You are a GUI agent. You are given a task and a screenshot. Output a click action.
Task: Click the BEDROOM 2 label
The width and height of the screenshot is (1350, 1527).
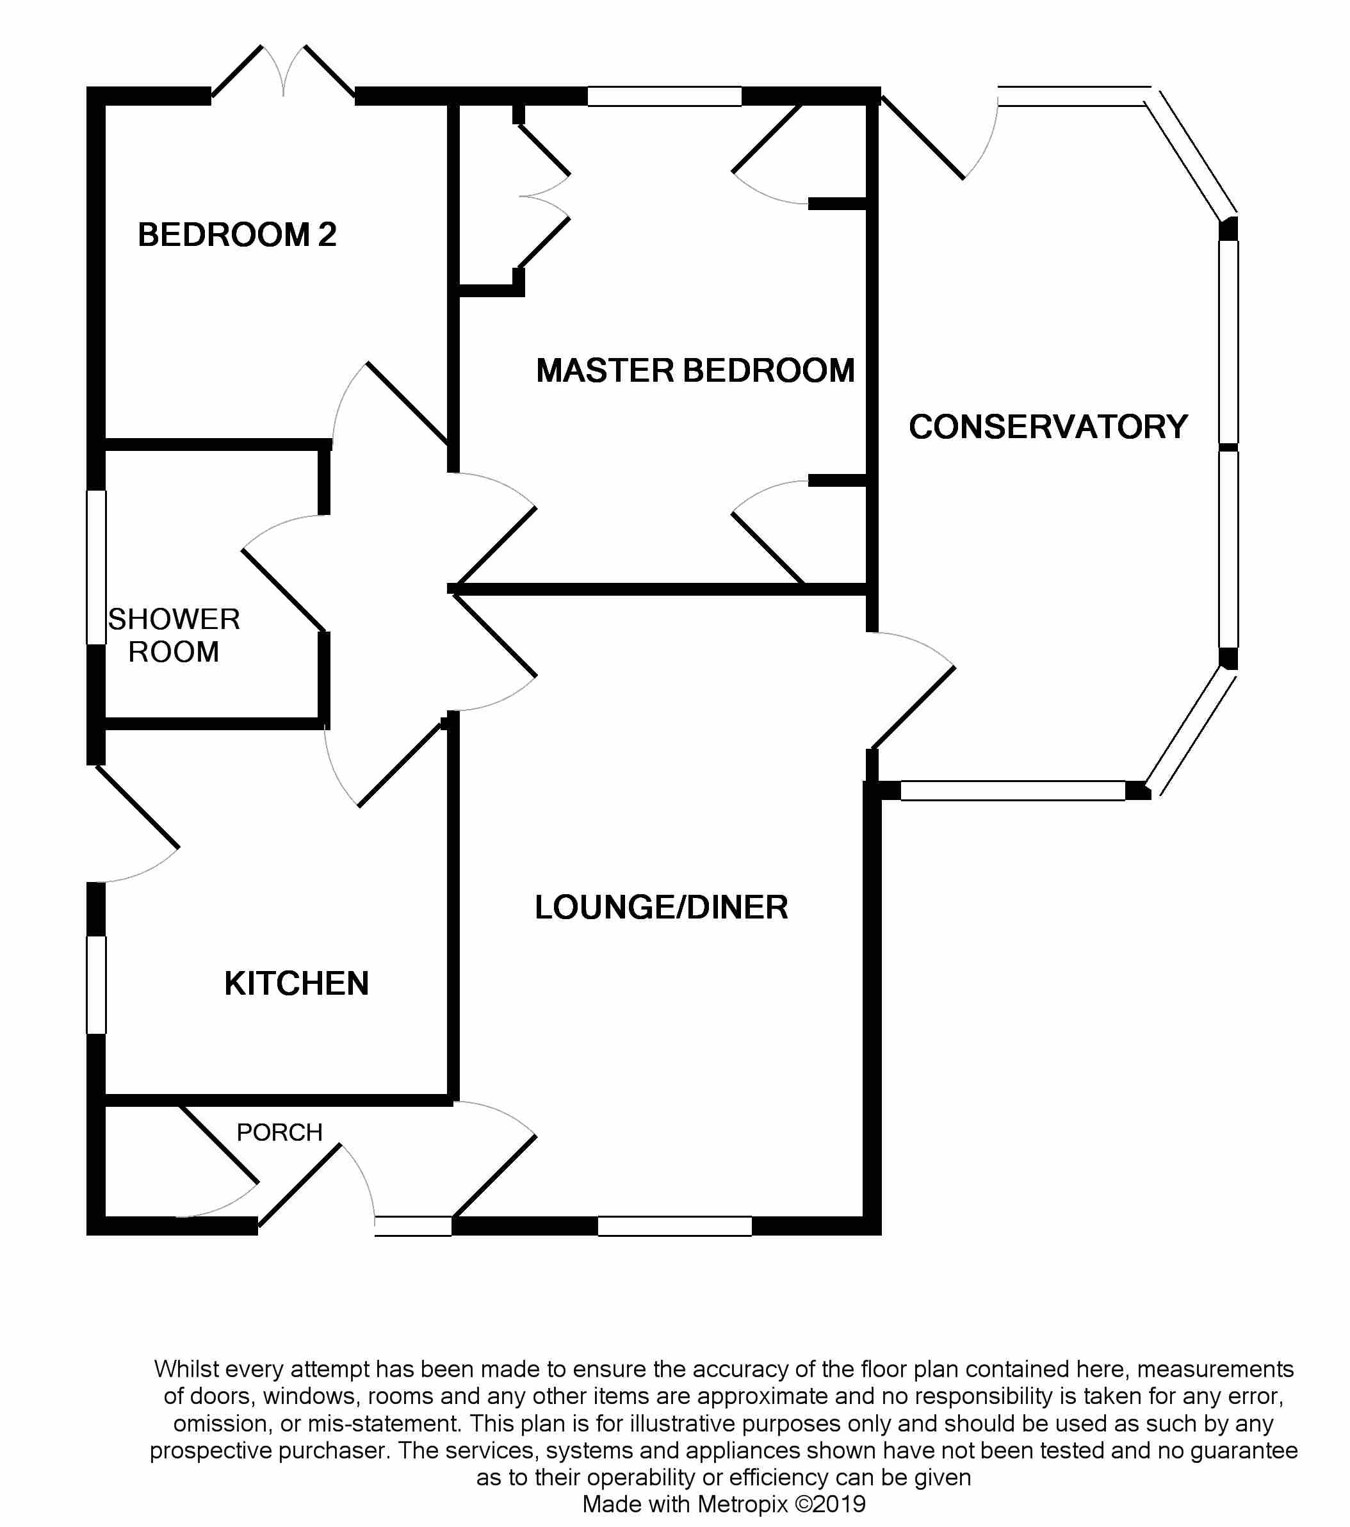tap(237, 234)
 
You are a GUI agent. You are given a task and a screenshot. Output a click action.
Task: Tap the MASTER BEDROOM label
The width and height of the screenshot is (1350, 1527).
tap(695, 371)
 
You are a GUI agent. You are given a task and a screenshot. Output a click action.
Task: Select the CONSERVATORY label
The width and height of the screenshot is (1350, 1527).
tap(1048, 427)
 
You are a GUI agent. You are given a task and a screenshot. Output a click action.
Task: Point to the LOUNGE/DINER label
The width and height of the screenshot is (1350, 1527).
tap(661, 907)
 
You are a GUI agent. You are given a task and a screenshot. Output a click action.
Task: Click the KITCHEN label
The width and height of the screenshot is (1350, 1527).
tap(297, 983)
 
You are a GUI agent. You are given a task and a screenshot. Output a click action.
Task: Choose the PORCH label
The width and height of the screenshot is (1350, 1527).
tap(279, 1132)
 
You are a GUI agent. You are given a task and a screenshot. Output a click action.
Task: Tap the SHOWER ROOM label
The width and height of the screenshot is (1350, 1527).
tap(174, 635)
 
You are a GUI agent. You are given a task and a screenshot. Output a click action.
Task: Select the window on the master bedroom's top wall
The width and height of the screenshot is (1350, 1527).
tap(664, 96)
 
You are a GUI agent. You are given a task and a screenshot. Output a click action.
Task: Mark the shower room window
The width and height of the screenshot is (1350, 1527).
tap(96, 566)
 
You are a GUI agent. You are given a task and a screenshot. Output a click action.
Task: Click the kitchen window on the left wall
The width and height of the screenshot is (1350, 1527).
tap(96, 984)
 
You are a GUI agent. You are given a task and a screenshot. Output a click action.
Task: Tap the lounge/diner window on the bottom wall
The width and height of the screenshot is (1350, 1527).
tap(674, 1226)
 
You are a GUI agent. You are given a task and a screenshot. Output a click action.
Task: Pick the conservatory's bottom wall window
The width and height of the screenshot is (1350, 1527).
tap(1012, 790)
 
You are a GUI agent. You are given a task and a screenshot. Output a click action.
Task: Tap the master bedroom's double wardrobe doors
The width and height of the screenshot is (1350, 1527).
tap(544, 197)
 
